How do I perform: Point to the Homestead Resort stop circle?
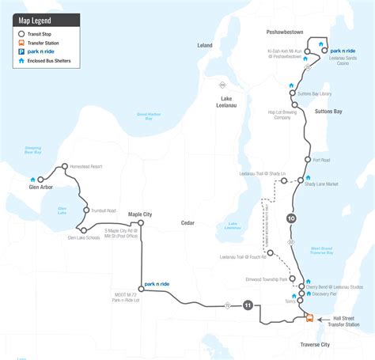pyautogui.click(x=64, y=167)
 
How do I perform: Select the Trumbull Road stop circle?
pyautogui.click(x=85, y=210)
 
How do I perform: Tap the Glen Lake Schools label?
pyautogui.click(x=84, y=237)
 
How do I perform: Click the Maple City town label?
pyautogui.click(x=140, y=214)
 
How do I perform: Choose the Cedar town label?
pyautogui.click(x=187, y=223)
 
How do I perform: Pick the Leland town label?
pyautogui.click(x=205, y=45)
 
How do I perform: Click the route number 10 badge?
pyautogui.click(x=291, y=218)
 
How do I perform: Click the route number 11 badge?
pyautogui.click(x=248, y=305)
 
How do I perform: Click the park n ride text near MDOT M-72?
pyautogui.click(x=157, y=283)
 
